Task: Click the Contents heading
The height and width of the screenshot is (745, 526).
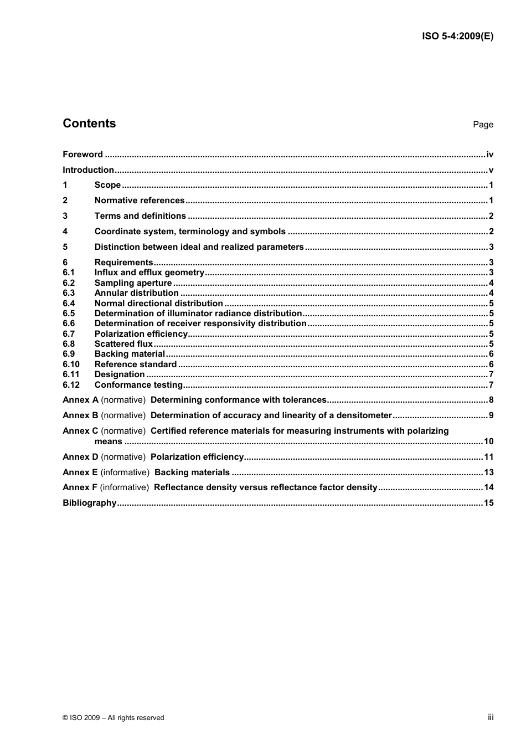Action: pyautogui.click(x=89, y=124)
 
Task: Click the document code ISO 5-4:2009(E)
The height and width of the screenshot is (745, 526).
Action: pyautogui.click(x=457, y=37)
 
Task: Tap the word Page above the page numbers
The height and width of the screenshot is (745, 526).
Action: pyautogui.click(x=483, y=125)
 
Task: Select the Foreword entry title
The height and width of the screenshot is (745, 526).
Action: pyautogui.click(x=82, y=155)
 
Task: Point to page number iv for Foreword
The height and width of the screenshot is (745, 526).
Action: pyautogui.click(x=489, y=155)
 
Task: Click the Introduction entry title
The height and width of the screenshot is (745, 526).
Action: pyautogui.click(x=88, y=170)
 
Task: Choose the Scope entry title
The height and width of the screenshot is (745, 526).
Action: pyautogui.click(x=107, y=185)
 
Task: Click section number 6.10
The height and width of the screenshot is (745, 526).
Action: pyautogui.click(x=71, y=364)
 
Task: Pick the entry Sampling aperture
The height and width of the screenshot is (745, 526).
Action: pyautogui.click(x=133, y=283)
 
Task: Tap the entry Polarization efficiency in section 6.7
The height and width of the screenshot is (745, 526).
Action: pyautogui.click(x=141, y=334)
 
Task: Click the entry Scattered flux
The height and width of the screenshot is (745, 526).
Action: pyautogui.click(x=123, y=344)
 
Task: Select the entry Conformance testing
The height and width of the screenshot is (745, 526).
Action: pyautogui.click(x=138, y=385)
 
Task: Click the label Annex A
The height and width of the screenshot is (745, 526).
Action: pyautogui.click(x=80, y=400)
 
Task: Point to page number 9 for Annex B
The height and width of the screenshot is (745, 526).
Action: pyautogui.click(x=491, y=415)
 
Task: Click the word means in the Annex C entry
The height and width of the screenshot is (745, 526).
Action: pyautogui.click(x=108, y=441)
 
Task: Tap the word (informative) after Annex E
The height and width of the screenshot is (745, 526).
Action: pyautogui.click(x=125, y=472)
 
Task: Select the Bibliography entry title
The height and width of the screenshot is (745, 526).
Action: pyautogui.click(x=89, y=503)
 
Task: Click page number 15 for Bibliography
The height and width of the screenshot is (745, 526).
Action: pyautogui.click(x=488, y=503)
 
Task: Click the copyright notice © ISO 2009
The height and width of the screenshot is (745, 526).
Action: pyautogui.click(x=113, y=717)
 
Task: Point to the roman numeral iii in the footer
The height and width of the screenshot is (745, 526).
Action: pyautogui.click(x=491, y=717)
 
